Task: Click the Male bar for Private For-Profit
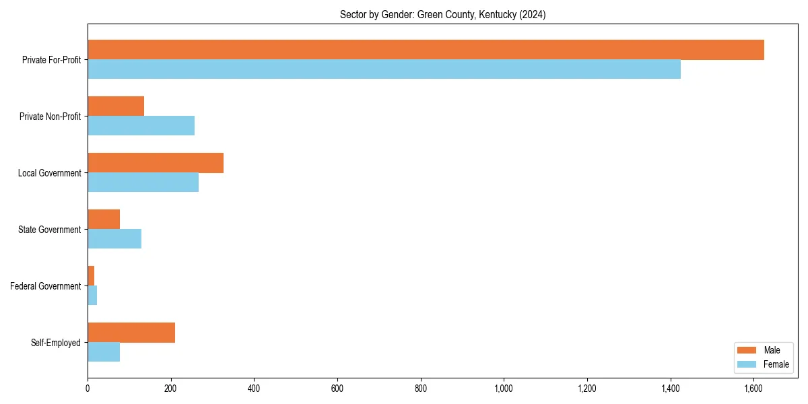(x=426, y=50)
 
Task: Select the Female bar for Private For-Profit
(x=384, y=69)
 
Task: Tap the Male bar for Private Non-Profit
(x=116, y=106)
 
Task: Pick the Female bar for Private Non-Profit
(x=141, y=126)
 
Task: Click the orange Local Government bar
(x=156, y=163)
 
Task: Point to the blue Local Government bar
(x=143, y=182)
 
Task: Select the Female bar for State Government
(x=114, y=239)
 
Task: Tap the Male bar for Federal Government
(x=91, y=276)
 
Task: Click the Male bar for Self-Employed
(x=131, y=333)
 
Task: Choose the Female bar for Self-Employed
(x=104, y=352)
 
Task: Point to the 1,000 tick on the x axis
(x=504, y=389)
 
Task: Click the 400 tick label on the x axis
(x=254, y=389)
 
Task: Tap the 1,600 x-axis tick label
(x=753, y=389)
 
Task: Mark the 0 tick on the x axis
(x=88, y=389)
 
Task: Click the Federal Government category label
(x=45, y=286)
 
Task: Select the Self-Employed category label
(x=55, y=343)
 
